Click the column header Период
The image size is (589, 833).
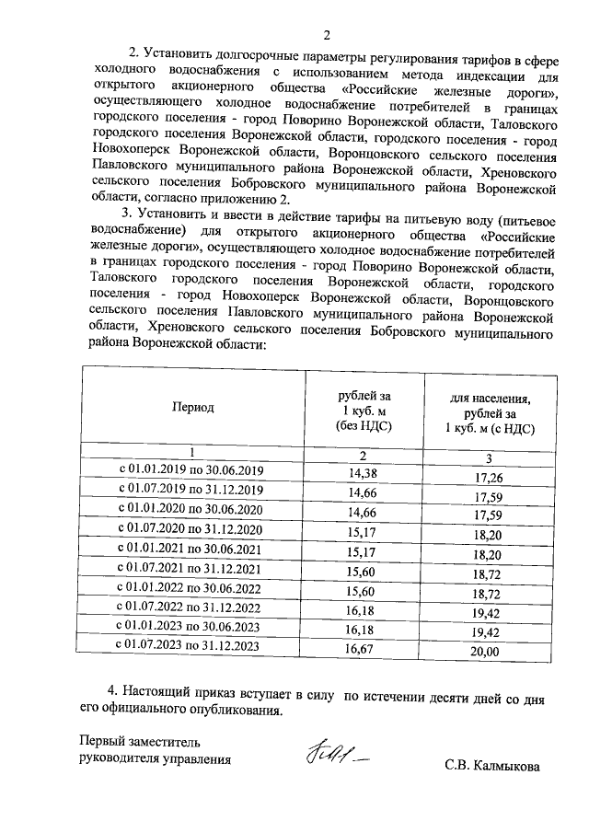click(x=191, y=406)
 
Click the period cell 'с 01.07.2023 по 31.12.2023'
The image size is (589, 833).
click(x=191, y=645)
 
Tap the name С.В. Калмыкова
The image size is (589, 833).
click(x=491, y=766)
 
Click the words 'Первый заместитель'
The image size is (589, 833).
click(x=137, y=740)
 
